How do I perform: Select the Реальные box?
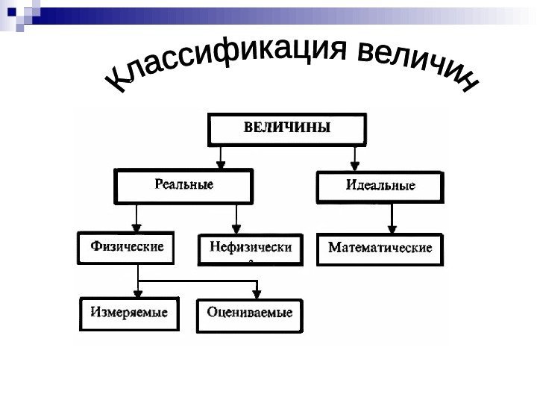(x=183, y=184)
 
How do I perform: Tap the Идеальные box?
(x=380, y=187)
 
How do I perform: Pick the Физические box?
(x=127, y=248)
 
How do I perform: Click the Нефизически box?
(x=251, y=250)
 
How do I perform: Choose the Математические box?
(x=380, y=249)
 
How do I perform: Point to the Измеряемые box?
(x=129, y=313)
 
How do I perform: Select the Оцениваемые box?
(x=250, y=314)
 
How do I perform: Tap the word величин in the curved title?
(x=418, y=63)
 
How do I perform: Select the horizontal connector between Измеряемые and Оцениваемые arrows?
(x=198, y=281)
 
